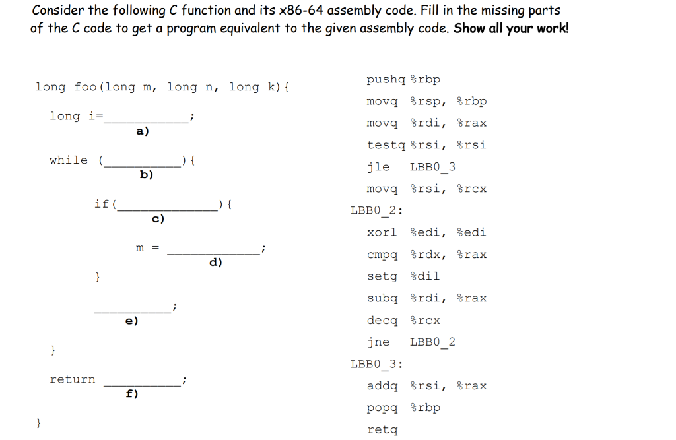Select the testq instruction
[386, 144]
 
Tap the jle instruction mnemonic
[378, 166]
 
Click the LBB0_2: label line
[377, 210]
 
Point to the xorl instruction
[382, 232]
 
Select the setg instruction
[382, 276]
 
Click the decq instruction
[382, 320]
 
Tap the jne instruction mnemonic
[378, 342]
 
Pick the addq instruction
[382, 386]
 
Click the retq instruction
[382, 430]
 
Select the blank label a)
[143, 131]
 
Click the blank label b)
[147, 175]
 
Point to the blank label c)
[158, 218]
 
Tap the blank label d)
[215, 263]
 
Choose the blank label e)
[132, 321]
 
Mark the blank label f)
[132, 394]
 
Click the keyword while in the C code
[69, 160]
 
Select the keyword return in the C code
[73, 379]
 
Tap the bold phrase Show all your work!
[511, 28]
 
